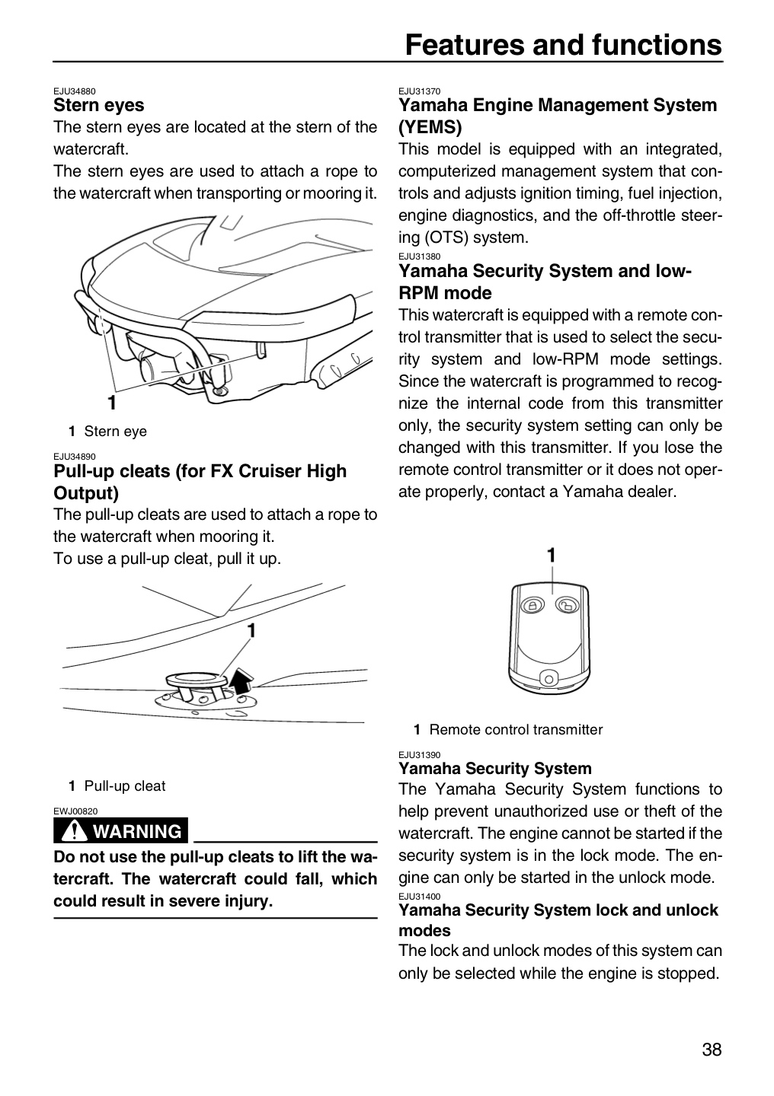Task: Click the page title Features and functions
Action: [563, 45]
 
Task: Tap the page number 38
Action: [712, 1050]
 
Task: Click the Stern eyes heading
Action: [99, 105]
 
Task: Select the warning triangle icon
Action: [73, 831]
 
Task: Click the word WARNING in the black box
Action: [137, 831]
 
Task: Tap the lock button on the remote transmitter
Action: [532, 605]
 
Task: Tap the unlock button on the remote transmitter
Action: [567, 606]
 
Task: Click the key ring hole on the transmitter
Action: [549, 679]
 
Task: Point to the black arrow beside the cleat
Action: [241, 680]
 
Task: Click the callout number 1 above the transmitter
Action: [551, 556]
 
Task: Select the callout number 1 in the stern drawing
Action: [112, 402]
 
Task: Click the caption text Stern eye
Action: [115, 431]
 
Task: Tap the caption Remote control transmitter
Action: [516, 729]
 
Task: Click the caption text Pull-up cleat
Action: [125, 785]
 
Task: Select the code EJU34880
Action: [75, 91]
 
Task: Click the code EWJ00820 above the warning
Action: [75, 811]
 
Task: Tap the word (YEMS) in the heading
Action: [430, 127]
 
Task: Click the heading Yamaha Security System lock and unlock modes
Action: [558, 920]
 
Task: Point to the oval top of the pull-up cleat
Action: [196, 678]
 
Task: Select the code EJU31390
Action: [419, 754]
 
